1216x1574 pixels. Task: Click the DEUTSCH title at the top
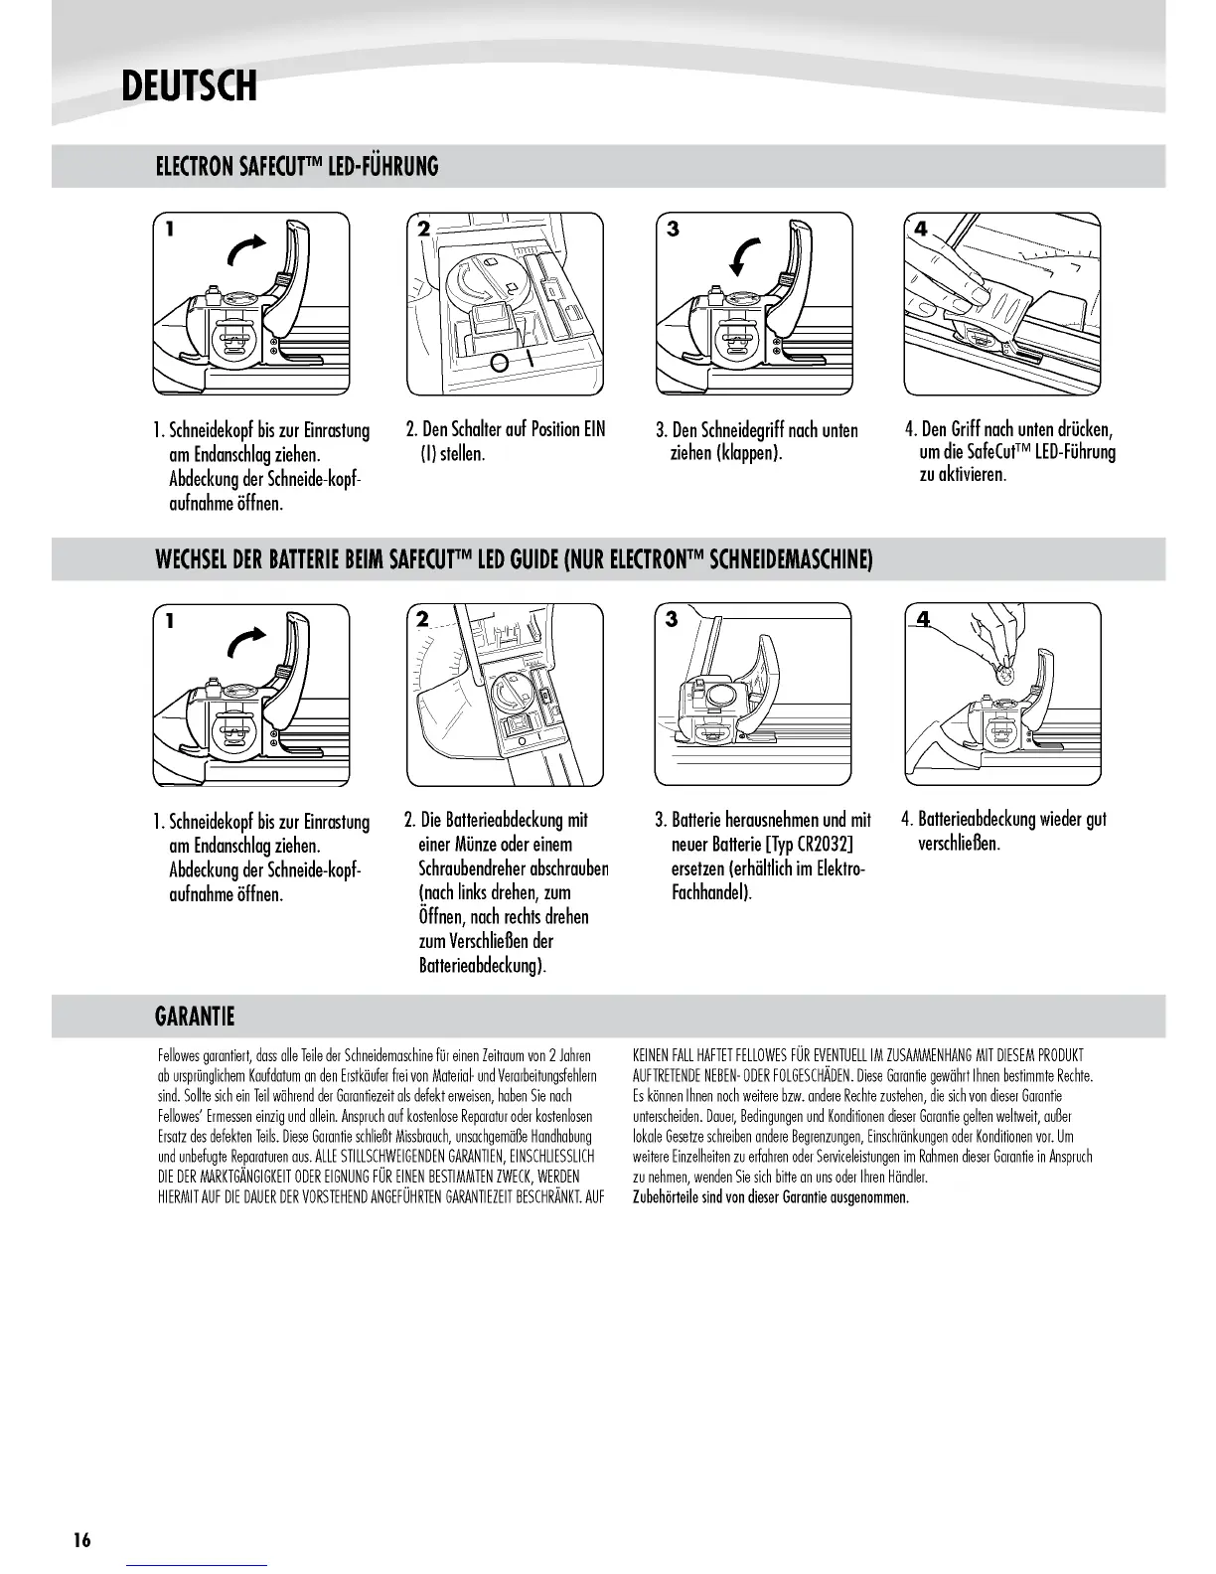189,85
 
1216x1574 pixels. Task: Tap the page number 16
81,1540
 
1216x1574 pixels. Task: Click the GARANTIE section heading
196,1017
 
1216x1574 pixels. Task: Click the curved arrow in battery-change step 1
247,644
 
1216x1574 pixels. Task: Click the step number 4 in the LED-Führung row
921,230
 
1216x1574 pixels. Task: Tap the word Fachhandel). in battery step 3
711,892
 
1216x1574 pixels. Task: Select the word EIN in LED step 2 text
594,430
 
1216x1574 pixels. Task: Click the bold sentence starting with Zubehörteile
771,1196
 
